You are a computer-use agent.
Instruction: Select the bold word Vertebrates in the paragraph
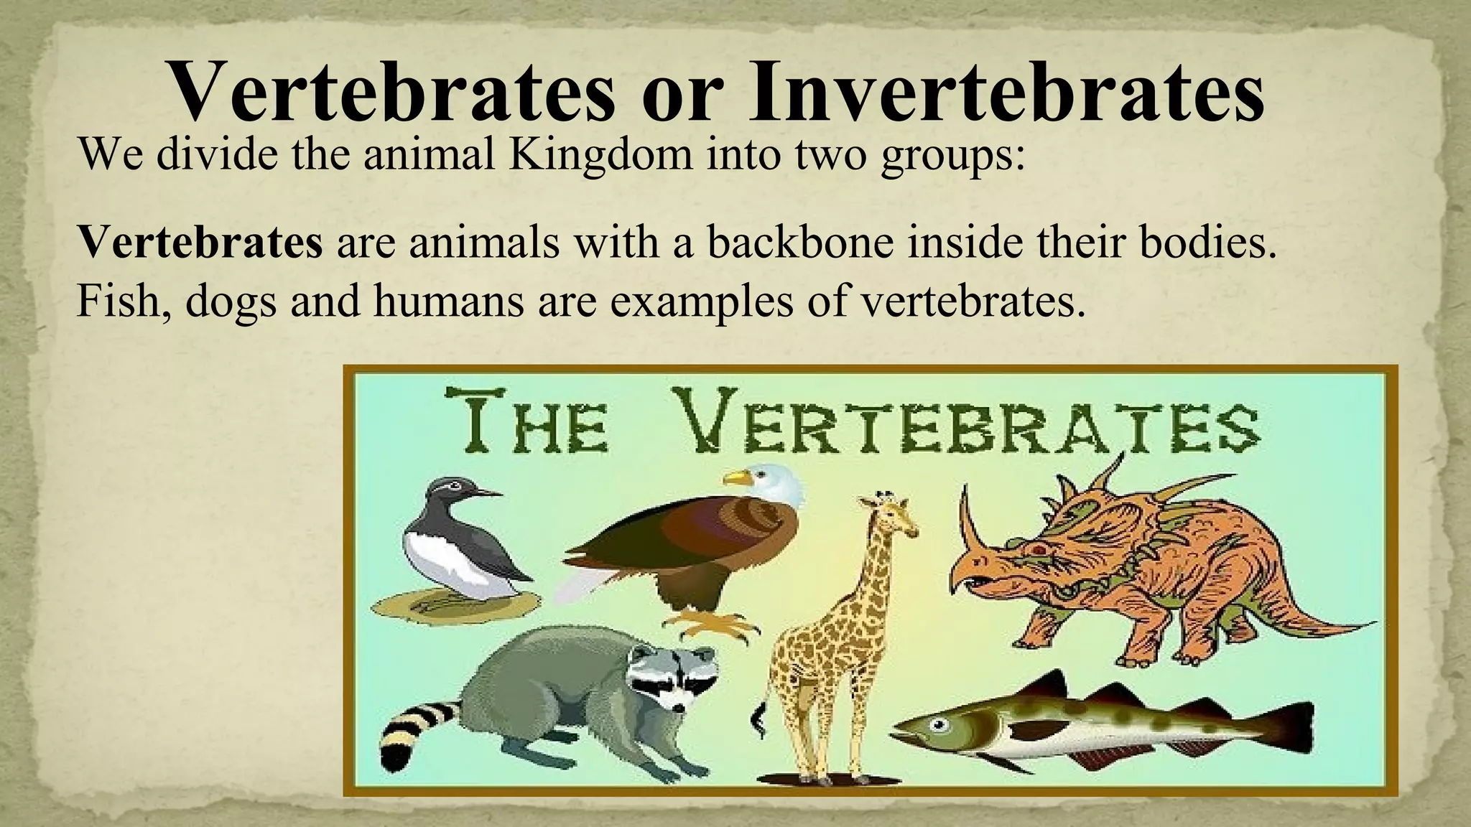pos(200,241)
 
